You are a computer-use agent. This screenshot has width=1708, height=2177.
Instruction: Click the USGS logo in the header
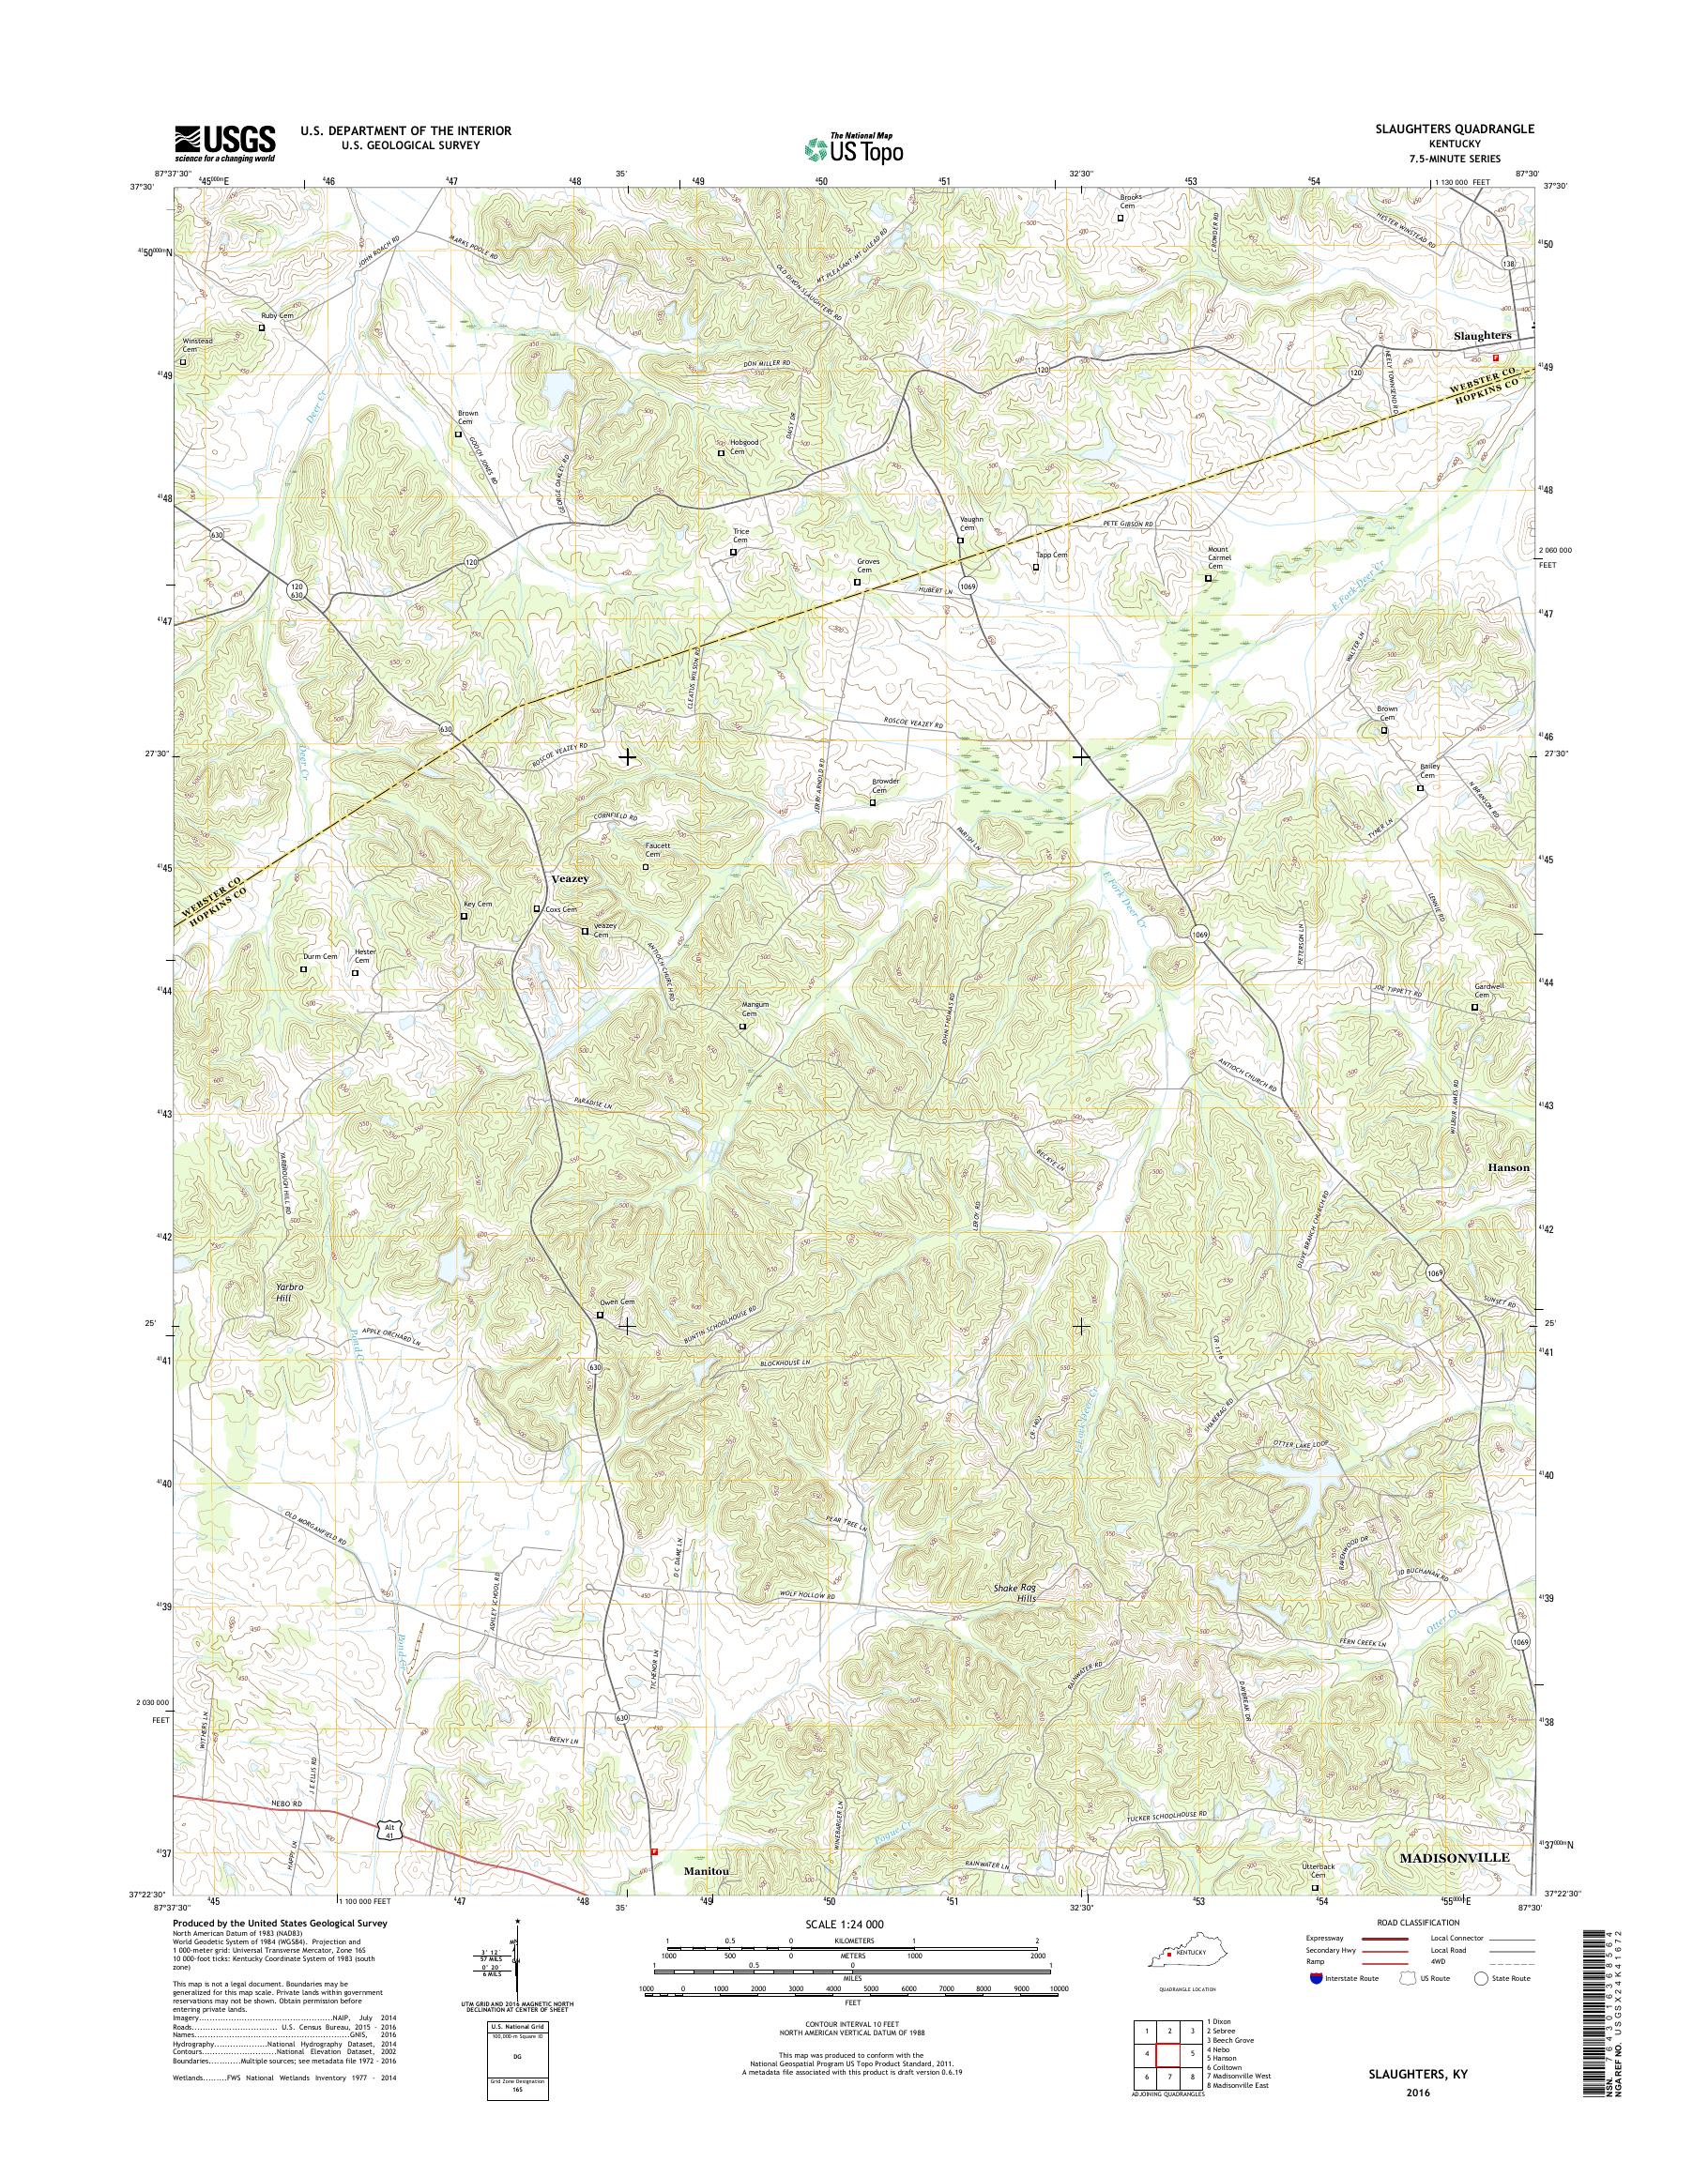click(x=225, y=143)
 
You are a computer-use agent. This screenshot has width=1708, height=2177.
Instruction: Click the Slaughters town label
click(x=1482, y=336)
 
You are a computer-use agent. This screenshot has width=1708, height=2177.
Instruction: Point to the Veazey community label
click(x=570, y=877)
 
